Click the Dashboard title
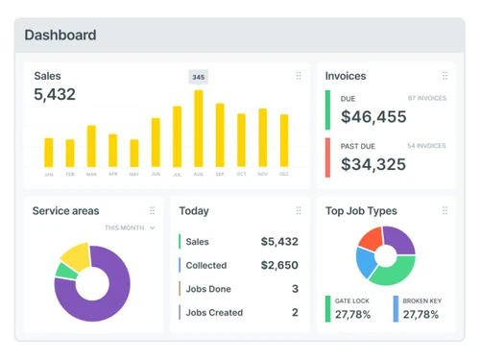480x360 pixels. [60, 36]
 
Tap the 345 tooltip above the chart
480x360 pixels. [199, 77]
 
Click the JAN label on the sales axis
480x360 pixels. [49, 175]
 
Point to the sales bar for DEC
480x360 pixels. [284, 141]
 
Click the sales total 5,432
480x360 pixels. [55, 95]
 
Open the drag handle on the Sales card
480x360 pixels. [299, 76]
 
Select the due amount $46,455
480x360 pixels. [373, 117]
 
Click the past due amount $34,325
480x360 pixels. [373, 164]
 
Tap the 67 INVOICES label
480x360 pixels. [426, 98]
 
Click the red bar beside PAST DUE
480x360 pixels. [328, 157]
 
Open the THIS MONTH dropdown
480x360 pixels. [130, 228]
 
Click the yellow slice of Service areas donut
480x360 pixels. [75, 254]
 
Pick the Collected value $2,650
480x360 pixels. [279, 265]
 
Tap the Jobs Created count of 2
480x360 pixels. [295, 312]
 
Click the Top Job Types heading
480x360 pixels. [361, 211]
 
